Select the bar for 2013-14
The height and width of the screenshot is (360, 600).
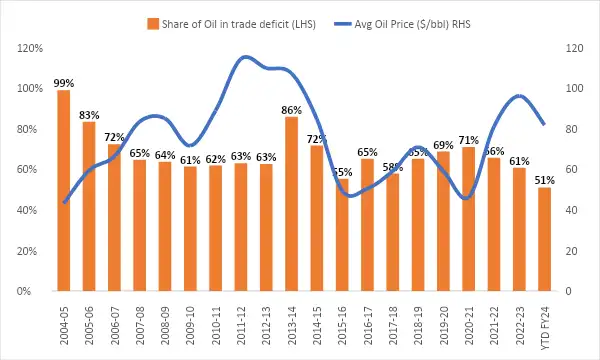click(x=291, y=204)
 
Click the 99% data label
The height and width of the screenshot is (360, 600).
click(x=64, y=83)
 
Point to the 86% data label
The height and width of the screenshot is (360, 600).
click(x=291, y=110)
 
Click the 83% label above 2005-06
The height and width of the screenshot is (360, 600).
click(x=89, y=115)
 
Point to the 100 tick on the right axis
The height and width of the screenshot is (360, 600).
click(x=574, y=88)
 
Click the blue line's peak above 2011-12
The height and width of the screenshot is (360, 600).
click(x=243, y=57)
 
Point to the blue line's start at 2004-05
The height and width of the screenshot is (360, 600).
click(x=64, y=203)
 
